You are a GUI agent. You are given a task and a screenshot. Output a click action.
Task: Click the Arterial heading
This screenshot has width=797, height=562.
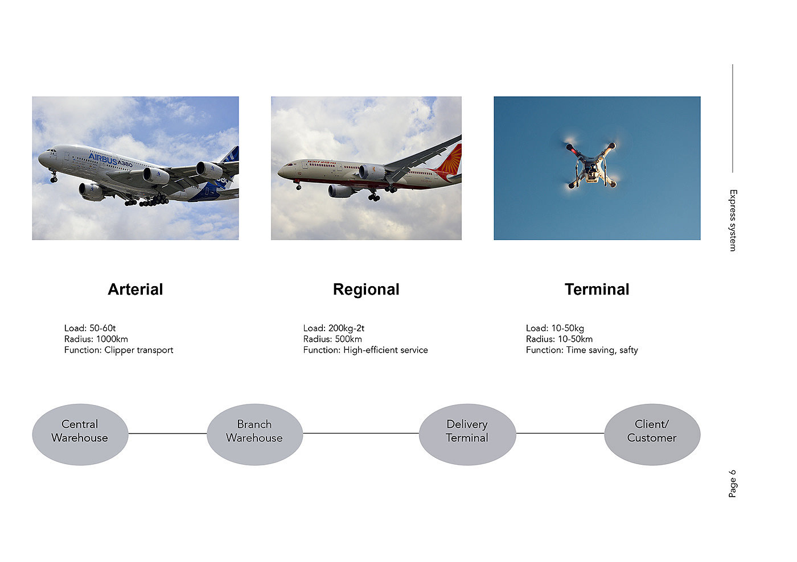click(135, 290)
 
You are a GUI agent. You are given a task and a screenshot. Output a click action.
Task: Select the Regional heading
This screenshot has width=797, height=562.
click(366, 290)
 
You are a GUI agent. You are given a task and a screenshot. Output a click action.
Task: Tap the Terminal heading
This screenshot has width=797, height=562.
click(597, 290)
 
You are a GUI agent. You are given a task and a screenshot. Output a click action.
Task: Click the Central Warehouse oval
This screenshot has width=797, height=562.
click(80, 435)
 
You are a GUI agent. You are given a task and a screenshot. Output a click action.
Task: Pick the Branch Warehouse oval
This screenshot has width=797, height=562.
click(255, 435)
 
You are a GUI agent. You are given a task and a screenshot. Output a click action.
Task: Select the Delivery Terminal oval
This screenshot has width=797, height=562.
click(467, 435)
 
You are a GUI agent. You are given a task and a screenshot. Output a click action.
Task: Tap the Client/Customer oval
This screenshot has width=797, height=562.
click(652, 435)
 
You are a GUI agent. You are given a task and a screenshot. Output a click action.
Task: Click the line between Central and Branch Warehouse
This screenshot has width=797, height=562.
click(167, 433)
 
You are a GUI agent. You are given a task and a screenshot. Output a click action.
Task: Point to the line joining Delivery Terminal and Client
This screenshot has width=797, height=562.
click(560, 433)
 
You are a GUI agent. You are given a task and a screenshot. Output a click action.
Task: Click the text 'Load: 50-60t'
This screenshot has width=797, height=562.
click(90, 328)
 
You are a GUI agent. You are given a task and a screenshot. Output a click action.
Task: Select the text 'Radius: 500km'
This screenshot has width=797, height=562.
click(332, 339)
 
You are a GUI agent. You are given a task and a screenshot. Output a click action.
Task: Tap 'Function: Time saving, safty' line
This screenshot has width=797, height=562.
click(582, 350)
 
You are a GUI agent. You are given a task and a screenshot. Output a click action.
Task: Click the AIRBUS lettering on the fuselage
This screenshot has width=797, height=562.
click(103, 159)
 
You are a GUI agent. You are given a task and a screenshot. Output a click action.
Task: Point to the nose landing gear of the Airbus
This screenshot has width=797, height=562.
click(54, 177)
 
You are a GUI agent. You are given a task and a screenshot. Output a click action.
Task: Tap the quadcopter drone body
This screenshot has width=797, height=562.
click(591, 166)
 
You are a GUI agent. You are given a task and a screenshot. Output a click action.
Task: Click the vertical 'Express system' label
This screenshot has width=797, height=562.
click(733, 220)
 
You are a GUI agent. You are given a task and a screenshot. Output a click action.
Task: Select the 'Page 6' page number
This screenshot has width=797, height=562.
click(732, 484)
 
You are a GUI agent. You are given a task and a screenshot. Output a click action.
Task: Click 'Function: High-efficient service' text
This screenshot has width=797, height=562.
click(365, 350)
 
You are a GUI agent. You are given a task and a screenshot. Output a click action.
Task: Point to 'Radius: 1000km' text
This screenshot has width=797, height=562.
click(96, 339)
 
